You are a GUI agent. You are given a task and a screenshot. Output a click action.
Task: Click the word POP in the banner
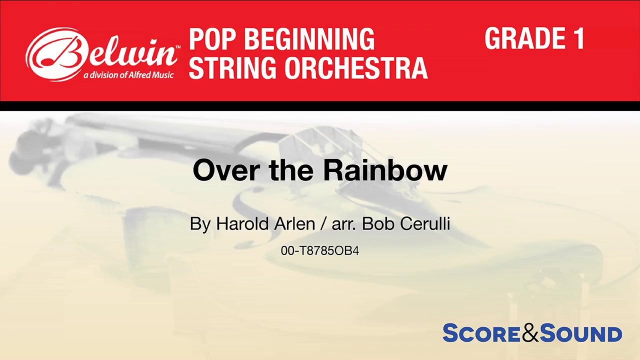pyautogui.click(x=210, y=39)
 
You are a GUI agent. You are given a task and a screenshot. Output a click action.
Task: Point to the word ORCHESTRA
pyautogui.click(x=356, y=68)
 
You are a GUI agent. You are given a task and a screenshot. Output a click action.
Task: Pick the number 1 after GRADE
pyautogui.click(x=579, y=38)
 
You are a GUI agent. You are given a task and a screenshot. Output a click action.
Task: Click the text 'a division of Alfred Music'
pyautogui.click(x=128, y=75)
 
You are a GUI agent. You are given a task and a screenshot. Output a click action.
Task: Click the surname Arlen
pyautogui.click(x=294, y=224)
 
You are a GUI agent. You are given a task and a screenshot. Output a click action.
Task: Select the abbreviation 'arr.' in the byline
pyautogui.click(x=344, y=224)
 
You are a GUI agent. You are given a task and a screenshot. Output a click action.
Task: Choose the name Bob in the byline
pyautogui.click(x=374, y=224)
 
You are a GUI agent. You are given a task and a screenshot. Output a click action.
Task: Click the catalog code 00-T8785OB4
pyautogui.click(x=320, y=251)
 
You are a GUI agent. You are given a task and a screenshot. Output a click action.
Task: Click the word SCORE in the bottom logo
pyautogui.click(x=481, y=333)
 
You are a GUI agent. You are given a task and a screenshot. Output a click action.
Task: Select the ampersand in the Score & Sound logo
pyautogui.click(x=530, y=333)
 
